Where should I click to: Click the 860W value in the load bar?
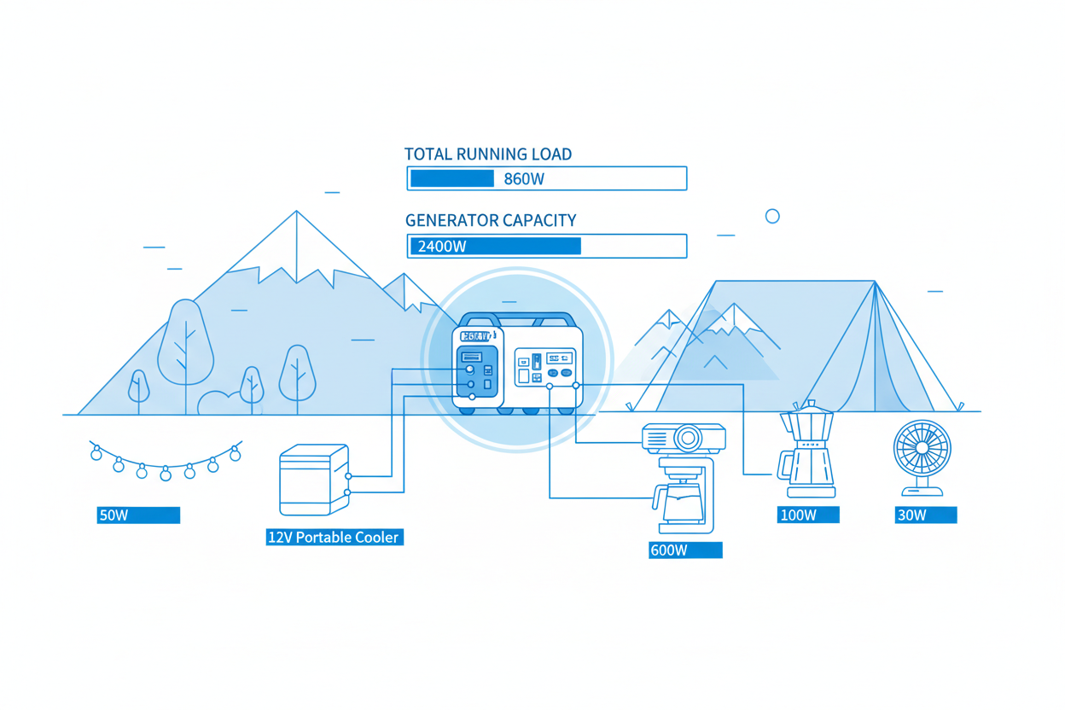point(524,179)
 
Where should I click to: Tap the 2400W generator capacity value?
point(442,247)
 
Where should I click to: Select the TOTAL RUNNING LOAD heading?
point(487,154)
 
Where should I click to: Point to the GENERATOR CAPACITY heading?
point(491,220)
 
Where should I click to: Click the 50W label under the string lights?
point(113,515)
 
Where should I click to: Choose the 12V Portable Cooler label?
point(334,538)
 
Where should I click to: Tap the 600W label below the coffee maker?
point(669,550)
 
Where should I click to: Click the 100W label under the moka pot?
point(798,515)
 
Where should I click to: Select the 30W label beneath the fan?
point(911,515)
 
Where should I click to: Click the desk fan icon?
point(922,450)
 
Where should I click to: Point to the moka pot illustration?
point(807,451)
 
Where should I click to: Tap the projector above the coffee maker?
point(683,438)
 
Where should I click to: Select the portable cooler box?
point(313,480)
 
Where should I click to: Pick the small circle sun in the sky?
point(772,216)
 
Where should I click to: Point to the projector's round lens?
point(688,439)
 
